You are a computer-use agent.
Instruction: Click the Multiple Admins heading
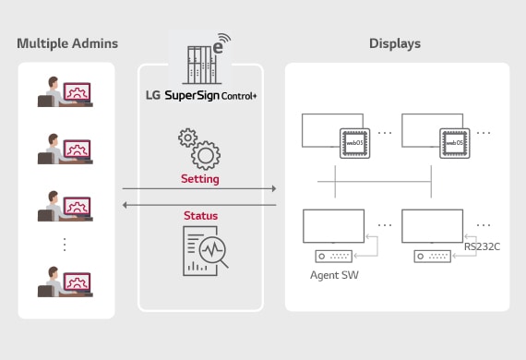pos(67,43)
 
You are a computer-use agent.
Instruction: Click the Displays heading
pos(396,43)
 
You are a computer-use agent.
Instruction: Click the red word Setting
pos(199,178)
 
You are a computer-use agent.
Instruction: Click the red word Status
pos(199,215)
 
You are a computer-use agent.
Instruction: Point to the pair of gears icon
pos(198,148)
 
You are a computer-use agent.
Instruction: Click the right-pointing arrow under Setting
pos(199,189)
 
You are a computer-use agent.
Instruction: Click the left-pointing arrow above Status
pos(199,205)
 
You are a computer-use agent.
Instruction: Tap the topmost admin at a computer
pos(64,94)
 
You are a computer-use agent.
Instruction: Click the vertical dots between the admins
pos(65,245)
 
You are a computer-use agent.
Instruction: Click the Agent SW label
pos(333,275)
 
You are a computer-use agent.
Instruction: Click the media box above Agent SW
pos(334,256)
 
